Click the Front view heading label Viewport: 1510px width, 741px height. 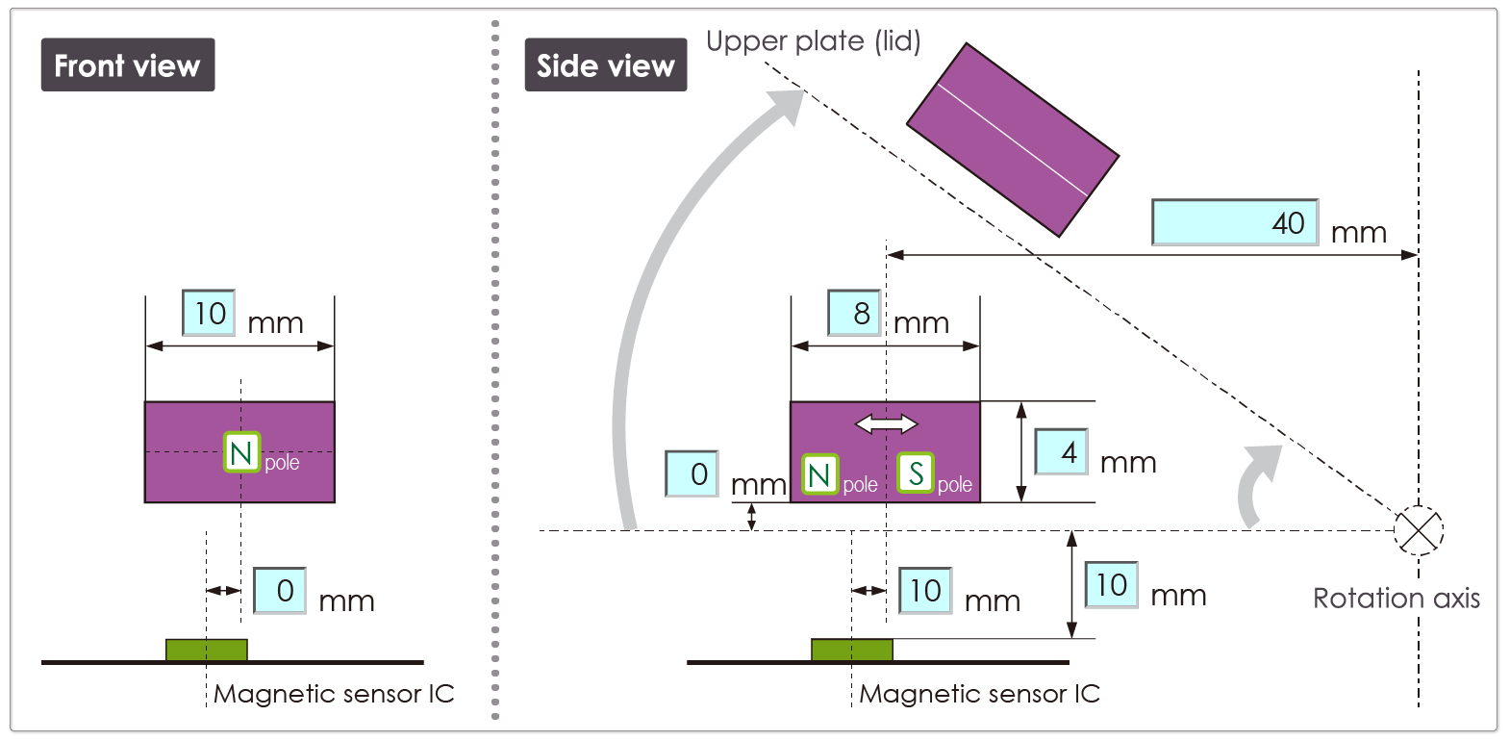(127, 65)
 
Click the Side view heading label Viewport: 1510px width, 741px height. (605, 65)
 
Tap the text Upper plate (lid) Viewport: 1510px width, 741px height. (813, 41)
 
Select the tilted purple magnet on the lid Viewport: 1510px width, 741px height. (1013, 140)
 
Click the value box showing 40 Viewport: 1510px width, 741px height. (1234, 222)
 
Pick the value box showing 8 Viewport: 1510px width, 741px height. (854, 313)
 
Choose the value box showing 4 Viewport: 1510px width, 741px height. (1061, 451)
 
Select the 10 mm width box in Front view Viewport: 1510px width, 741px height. (209, 313)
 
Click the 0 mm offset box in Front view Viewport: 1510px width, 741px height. (280, 590)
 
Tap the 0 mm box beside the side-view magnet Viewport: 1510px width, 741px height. (692, 473)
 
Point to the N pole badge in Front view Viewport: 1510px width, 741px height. (242, 452)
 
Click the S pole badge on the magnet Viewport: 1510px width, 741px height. (916, 473)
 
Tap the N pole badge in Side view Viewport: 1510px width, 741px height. (820, 474)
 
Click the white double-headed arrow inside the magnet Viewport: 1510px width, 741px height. (886, 423)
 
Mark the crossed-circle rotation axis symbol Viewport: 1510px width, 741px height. (1419, 530)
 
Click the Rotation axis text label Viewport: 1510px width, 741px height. (1396, 599)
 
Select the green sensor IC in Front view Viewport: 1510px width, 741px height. (206, 651)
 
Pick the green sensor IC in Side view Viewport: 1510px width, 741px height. (851, 651)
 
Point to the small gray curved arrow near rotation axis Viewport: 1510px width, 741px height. (1257, 486)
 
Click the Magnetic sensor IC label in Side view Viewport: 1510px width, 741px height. (979, 694)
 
